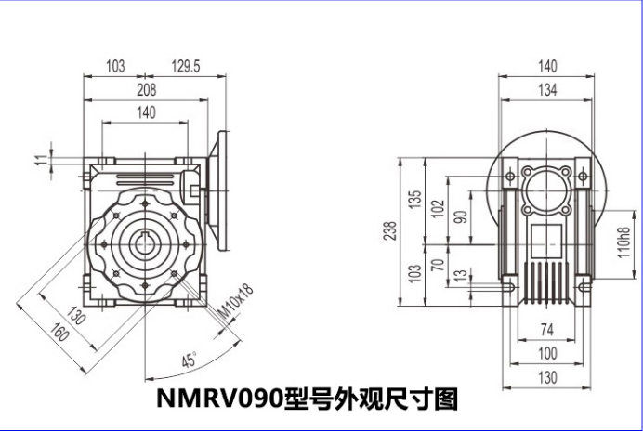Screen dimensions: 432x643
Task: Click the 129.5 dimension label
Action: (x=187, y=66)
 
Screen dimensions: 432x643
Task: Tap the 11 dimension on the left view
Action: (x=39, y=160)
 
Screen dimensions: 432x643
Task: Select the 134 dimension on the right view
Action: (x=547, y=90)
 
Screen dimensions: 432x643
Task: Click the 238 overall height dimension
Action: (x=390, y=229)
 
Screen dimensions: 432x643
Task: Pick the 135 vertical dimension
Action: (x=415, y=200)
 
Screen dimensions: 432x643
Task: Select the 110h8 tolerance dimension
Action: (x=624, y=241)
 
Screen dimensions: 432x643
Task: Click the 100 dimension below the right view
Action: (x=547, y=354)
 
